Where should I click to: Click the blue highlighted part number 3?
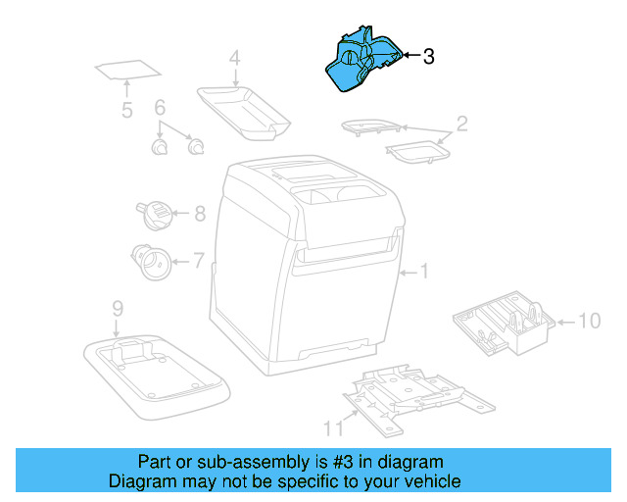tap(362, 65)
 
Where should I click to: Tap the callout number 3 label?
tap(428, 57)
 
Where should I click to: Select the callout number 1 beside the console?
tap(424, 272)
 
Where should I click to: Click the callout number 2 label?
tap(461, 124)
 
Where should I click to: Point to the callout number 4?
tap(234, 59)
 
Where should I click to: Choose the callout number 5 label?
tap(126, 110)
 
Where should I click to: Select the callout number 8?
tap(199, 213)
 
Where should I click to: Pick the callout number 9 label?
tap(117, 308)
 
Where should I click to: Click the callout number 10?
tap(589, 320)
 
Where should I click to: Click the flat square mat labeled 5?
tap(128, 72)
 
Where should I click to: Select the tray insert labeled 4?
tap(244, 107)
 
